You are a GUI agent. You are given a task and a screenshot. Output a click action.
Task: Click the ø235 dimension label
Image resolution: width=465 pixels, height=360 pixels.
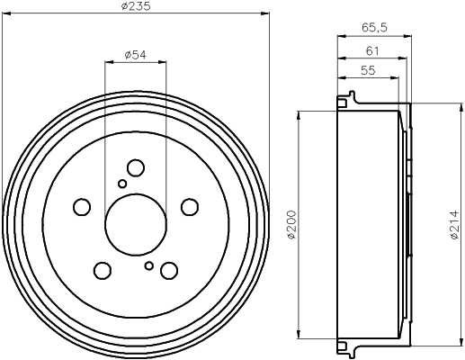pyautogui.click(x=136, y=6)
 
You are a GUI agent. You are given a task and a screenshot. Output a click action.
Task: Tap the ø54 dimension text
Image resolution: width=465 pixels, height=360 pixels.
pyautogui.click(x=136, y=55)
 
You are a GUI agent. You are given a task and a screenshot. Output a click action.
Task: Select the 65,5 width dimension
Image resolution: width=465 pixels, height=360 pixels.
pyautogui.click(x=374, y=28)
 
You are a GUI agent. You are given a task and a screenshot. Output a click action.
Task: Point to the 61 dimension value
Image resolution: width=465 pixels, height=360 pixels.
pyautogui.click(x=372, y=51)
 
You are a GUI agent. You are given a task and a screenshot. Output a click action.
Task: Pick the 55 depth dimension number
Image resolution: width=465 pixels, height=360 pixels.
pyautogui.click(x=368, y=70)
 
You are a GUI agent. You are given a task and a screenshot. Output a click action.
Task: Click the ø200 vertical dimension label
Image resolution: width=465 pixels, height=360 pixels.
pyautogui.click(x=291, y=225)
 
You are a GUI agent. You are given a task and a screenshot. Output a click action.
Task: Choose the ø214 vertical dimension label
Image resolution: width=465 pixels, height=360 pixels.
pyautogui.click(x=454, y=225)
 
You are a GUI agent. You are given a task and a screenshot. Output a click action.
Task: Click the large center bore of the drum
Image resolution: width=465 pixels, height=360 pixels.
pyautogui.click(x=136, y=225)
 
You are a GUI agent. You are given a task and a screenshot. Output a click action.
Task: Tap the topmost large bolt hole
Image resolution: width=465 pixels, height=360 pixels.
pyautogui.click(x=136, y=167)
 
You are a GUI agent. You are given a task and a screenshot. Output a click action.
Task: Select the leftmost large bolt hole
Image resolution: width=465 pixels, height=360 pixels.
pyautogui.click(x=82, y=207)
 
